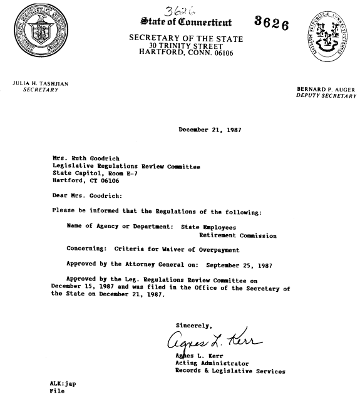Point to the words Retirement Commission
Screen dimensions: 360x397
[x=237, y=236]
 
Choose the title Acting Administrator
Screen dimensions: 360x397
[x=212, y=363]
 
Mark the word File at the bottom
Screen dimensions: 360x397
[x=56, y=391]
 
